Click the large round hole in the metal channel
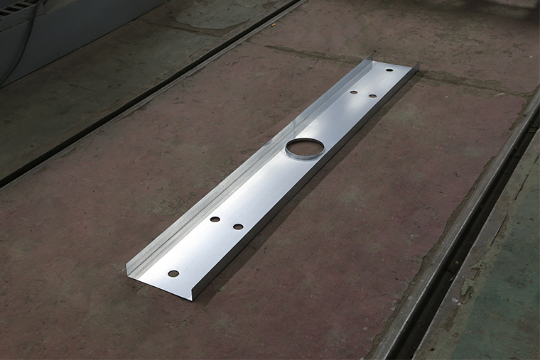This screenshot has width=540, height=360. (x=305, y=147)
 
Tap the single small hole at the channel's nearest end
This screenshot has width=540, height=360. (x=173, y=273)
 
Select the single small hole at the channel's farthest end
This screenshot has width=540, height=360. (x=389, y=70)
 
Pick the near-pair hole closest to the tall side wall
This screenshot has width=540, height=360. (x=215, y=219)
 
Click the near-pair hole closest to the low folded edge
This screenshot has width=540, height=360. (x=238, y=227)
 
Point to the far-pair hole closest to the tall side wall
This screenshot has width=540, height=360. (x=354, y=92)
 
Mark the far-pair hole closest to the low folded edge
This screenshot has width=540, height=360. (x=372, y=95)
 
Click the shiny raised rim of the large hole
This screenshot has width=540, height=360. (x=305, y=156)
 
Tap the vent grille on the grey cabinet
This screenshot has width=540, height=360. (x=14, y=9)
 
